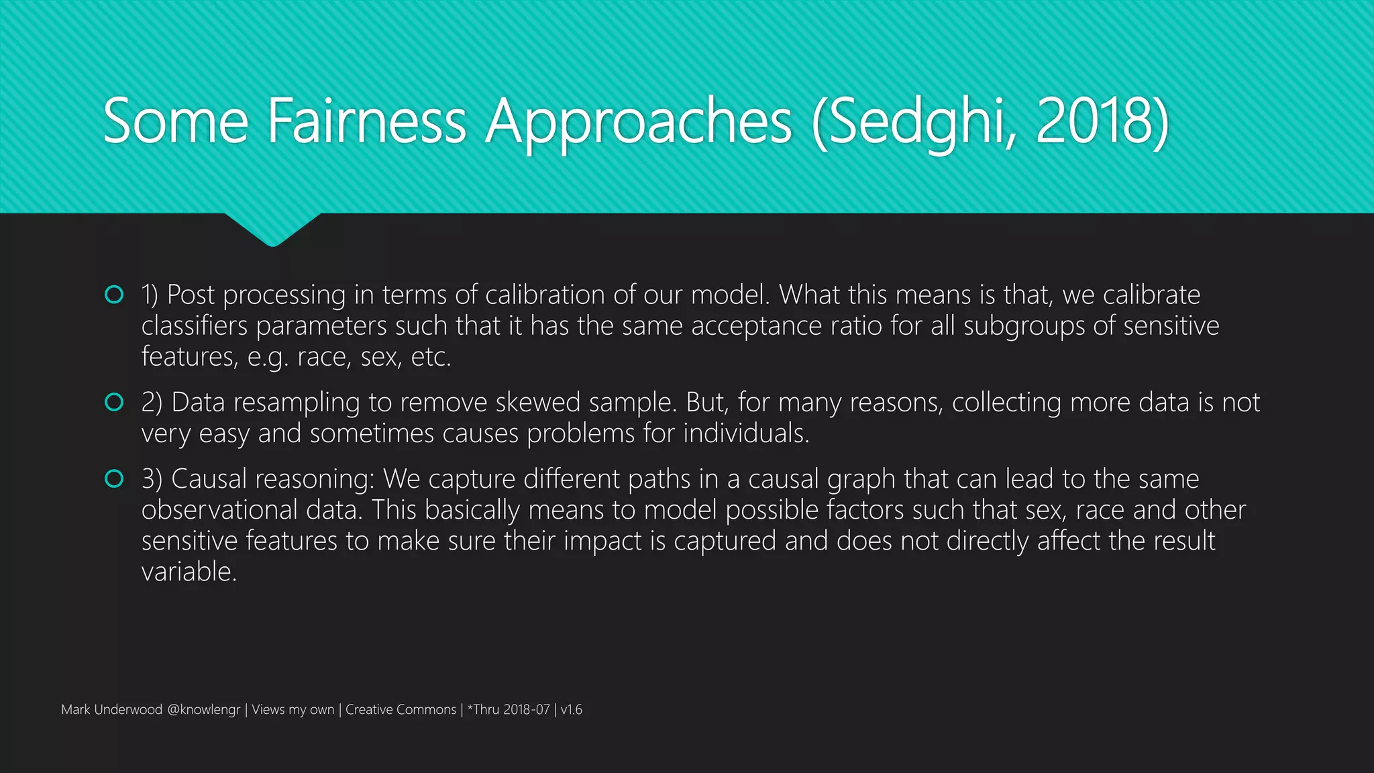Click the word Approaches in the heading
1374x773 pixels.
click(x=639, y=123)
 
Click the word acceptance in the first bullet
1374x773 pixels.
click(x=756, y=326)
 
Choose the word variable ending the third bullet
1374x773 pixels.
click(x=189, y=572)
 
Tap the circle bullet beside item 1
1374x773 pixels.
click(x=114, y=295)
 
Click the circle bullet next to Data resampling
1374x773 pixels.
click(x=114, y=402)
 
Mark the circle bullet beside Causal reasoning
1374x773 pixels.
click(x=114, y=478)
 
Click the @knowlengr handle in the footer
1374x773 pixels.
click(x=203, y=710)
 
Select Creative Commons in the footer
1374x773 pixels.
click(x=401, y=710)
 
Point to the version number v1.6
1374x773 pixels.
click(x=572, y=710)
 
